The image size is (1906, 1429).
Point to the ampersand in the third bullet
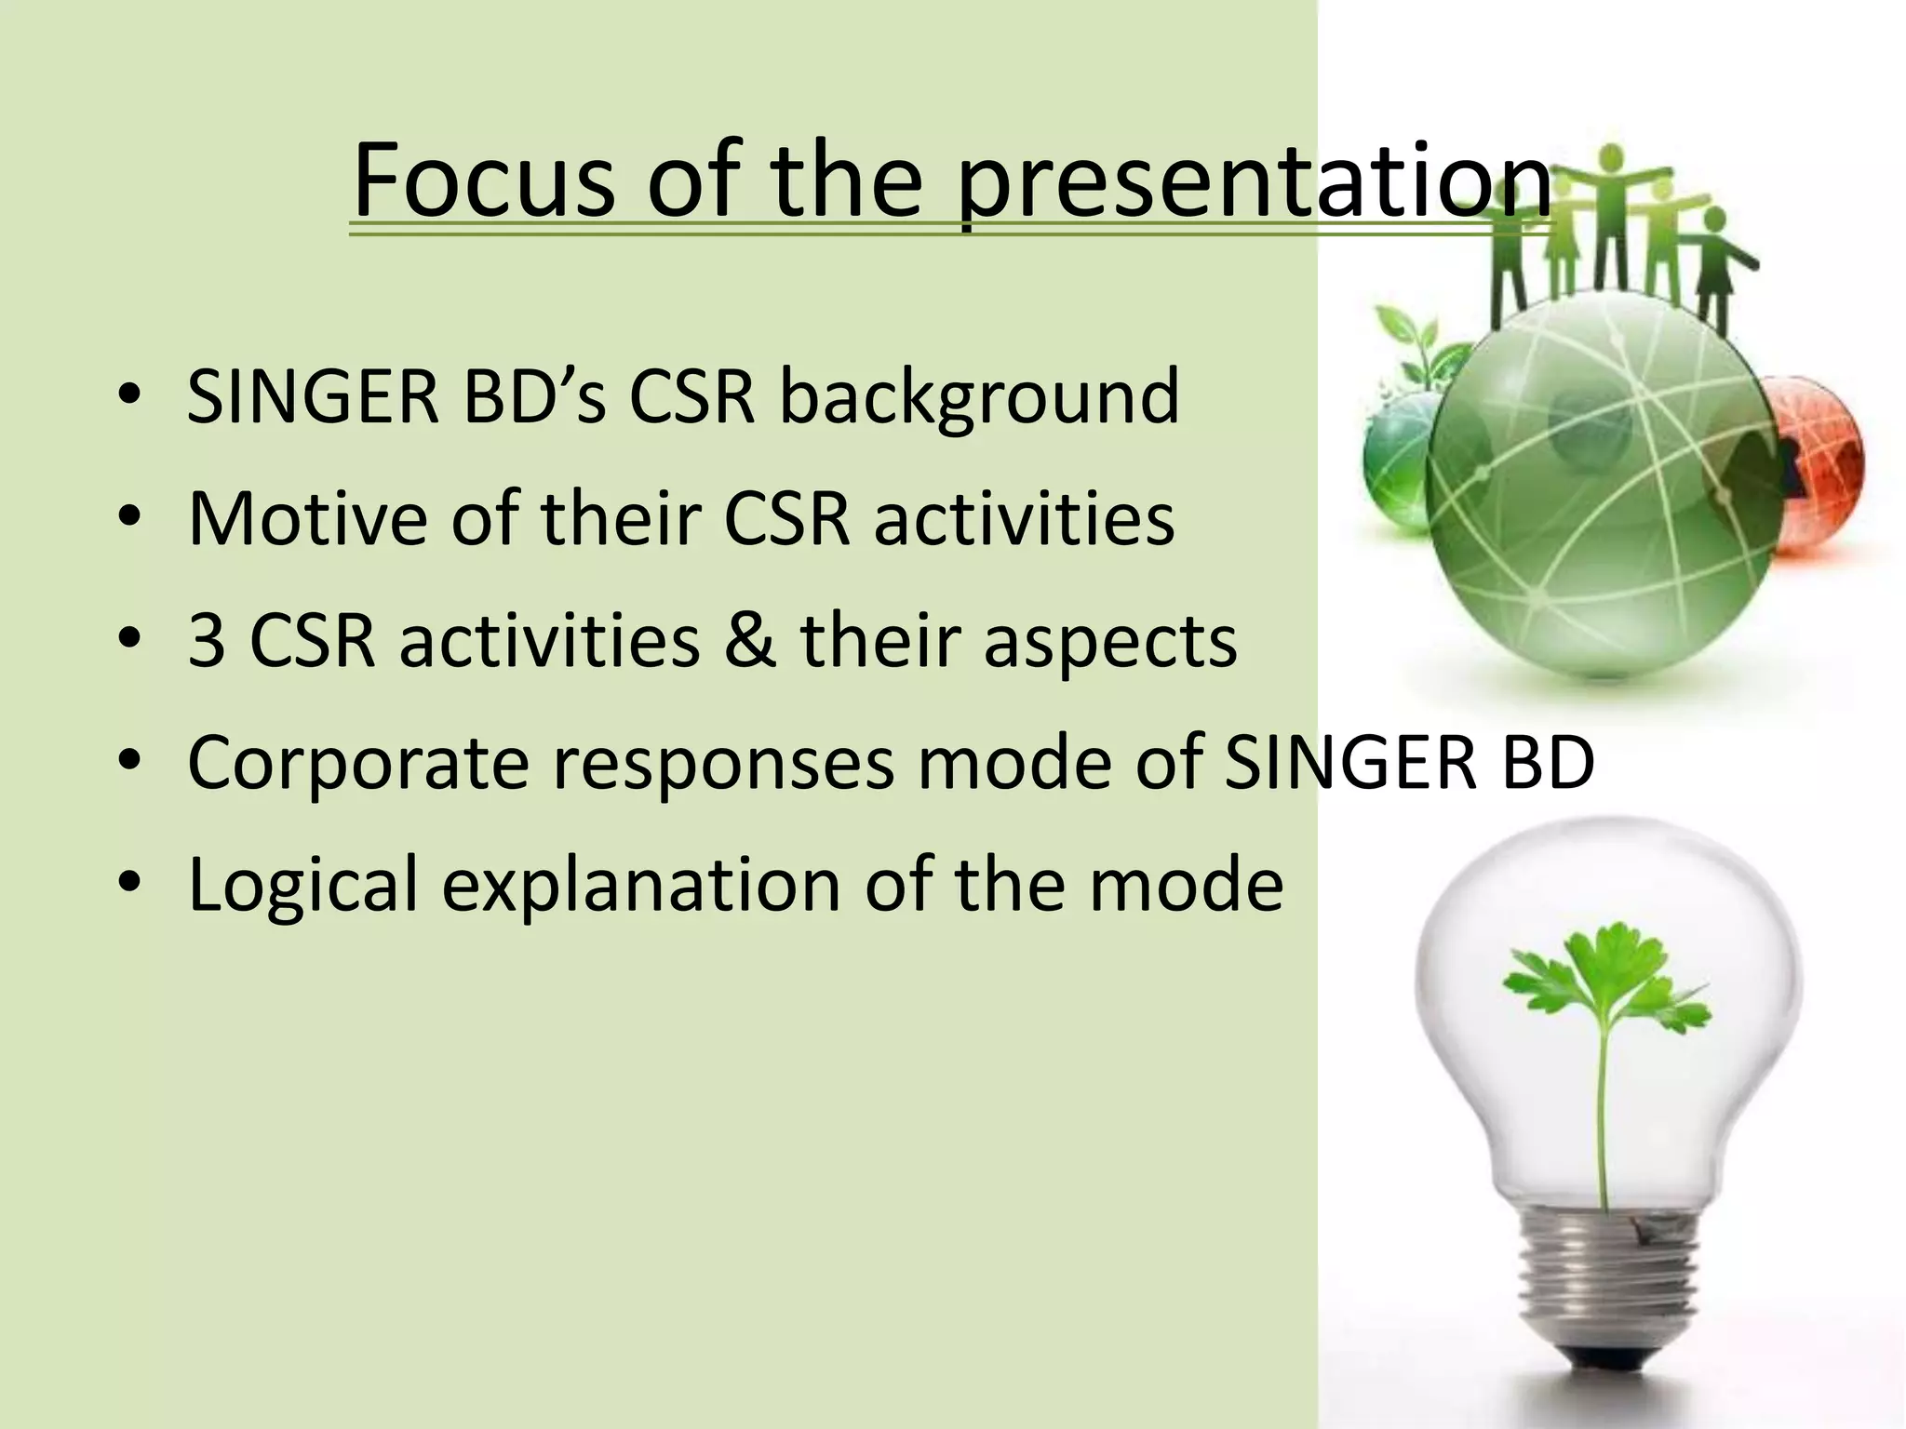[x=750, y=641]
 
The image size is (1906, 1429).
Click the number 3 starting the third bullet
[x=206, y=641]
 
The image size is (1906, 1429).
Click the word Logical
[x=303, y=887]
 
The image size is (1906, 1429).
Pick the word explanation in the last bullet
[x=641, y=887]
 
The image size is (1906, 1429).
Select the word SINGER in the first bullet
[x=313, y=398]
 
